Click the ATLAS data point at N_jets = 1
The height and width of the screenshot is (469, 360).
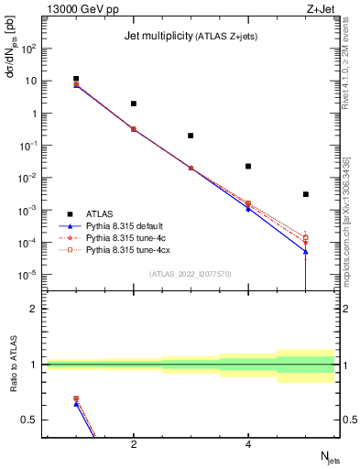pyautogui.click(x=77, y=79)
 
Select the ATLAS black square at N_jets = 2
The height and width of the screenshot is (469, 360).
pyautogui.click(x=134, y=104)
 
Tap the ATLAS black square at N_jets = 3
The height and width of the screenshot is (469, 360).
pyautogui.click(x=191, y=136)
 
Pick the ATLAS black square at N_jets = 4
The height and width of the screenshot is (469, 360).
pyautogui.click(x=248, y=167)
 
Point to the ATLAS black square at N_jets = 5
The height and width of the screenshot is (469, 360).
pyautogui.click(x=305, y=194)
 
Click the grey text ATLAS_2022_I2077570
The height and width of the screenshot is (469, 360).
pyautogui.click(x=191, y=273)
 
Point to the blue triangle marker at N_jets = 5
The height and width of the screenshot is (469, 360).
pyautogui.click(x=305, y=252)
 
